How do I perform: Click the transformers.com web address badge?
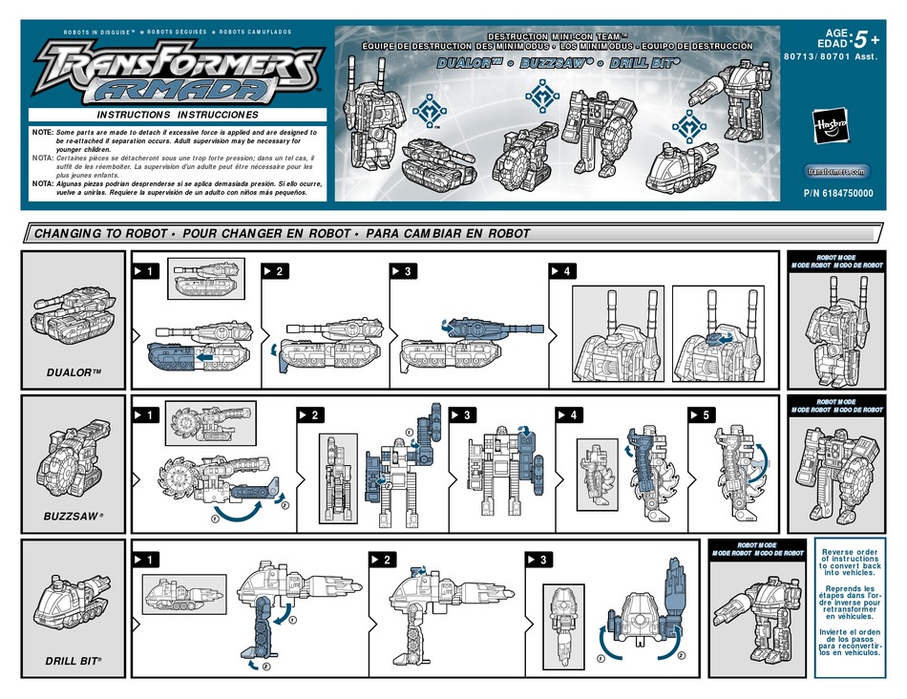[x=834, y=171]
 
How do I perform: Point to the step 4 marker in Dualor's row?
[x=561, y=272]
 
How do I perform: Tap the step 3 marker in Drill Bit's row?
[x=537, y=559]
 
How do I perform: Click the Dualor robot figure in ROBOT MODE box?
[x=834, y=329]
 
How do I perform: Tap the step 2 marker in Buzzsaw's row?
[x=312, y=415]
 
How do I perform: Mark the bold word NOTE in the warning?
[x=41, y=131]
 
